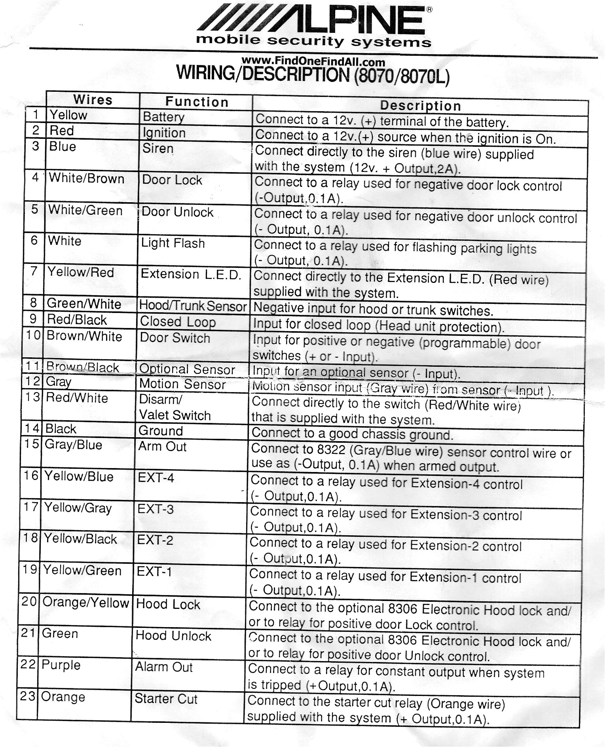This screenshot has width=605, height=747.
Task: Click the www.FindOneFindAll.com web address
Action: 313,62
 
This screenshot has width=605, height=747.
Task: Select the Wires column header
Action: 93,100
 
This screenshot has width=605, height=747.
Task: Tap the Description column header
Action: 420,106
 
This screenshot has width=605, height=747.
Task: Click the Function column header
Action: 197,102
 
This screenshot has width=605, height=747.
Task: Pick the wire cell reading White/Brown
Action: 86,178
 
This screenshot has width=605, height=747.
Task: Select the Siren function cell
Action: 158,149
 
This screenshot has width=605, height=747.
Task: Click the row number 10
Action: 33,336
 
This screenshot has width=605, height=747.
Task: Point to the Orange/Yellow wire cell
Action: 85,602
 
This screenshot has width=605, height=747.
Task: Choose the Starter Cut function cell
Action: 166,699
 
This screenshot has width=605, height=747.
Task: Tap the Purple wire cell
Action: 61,665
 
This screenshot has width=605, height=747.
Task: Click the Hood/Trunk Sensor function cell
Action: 193,306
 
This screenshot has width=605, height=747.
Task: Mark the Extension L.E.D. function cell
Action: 191,274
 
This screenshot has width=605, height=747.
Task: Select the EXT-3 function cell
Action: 156,509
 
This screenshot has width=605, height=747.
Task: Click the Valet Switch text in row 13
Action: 175,415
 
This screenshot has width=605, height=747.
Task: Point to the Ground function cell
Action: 160,431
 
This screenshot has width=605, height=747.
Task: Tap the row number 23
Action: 28,696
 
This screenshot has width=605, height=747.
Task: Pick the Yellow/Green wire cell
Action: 82,571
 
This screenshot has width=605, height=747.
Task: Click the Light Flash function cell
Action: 173,243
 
